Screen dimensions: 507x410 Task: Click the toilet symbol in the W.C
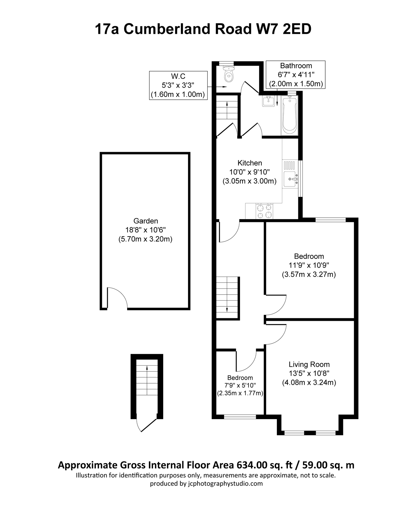228,74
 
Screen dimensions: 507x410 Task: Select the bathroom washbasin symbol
268,101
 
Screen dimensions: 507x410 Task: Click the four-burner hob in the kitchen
264,211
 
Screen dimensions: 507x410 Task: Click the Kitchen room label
250,163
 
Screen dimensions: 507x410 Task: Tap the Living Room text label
309,364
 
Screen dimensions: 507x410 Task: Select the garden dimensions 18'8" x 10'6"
145,230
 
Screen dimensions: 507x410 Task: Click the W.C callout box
178,85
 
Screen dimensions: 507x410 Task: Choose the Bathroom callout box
296,75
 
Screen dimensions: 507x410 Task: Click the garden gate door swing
117,297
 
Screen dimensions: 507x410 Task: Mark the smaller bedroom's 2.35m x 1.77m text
240,393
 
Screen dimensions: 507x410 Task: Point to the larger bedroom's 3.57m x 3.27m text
309,274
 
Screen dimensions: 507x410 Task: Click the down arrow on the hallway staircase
227,309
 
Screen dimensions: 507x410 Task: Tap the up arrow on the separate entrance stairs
146,368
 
